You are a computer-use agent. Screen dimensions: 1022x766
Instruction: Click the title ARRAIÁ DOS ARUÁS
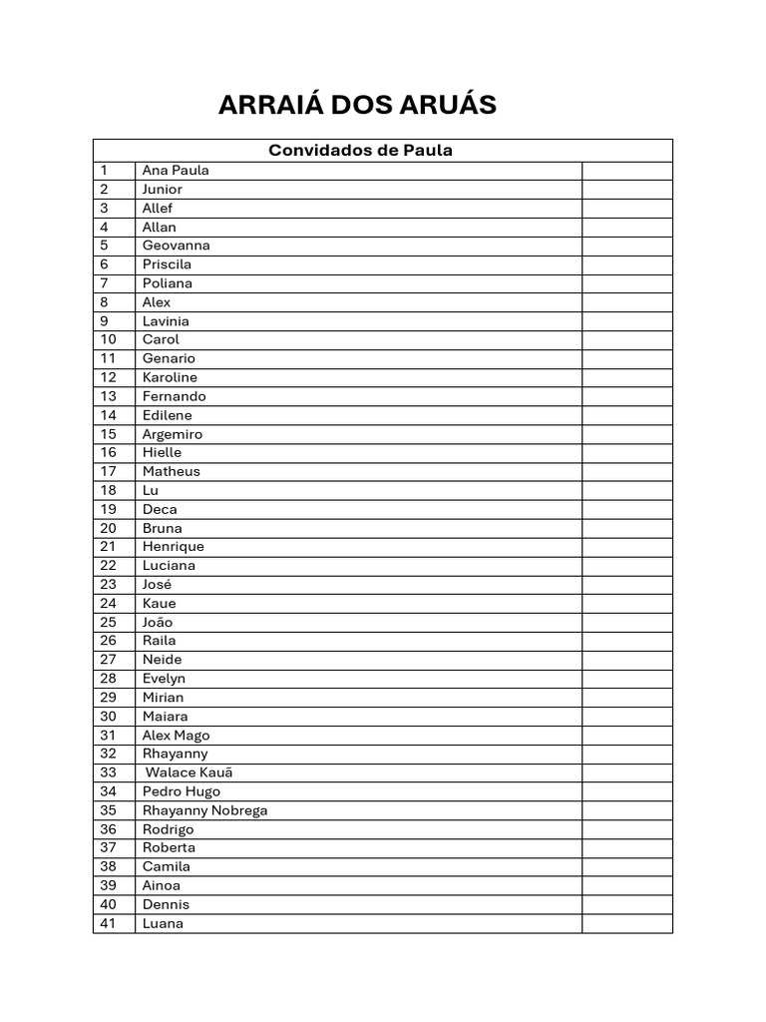[357, 105]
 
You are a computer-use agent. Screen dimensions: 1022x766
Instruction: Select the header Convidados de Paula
[360, 151]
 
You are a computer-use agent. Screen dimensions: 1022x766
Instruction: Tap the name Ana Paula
[176, 170]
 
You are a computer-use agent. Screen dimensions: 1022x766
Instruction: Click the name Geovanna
[176, 246]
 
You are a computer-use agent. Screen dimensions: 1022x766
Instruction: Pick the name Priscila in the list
[167, 264]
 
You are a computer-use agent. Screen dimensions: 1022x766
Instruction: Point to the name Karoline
[170, 377]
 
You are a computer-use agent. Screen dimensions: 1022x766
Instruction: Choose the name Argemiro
[172, 434]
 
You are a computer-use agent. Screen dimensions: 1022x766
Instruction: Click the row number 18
[109, 490]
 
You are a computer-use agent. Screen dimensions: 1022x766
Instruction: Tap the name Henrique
[173, 547]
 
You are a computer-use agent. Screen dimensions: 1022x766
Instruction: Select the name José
[157, 584]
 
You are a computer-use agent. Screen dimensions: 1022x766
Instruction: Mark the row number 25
[109, 622]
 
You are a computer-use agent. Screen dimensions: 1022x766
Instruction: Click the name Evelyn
[164, 679]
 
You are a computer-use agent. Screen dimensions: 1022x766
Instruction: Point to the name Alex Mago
[176, 736]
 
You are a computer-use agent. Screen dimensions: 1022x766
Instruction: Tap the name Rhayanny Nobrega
[204, 810]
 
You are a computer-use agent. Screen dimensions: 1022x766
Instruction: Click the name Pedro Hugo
[181, 791]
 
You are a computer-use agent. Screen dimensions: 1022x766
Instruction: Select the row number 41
[109, 923]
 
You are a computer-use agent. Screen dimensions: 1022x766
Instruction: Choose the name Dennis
[166, 904]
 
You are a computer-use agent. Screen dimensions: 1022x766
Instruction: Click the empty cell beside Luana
[626, 923]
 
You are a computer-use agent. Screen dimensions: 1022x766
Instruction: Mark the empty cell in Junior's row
[626, 189]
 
